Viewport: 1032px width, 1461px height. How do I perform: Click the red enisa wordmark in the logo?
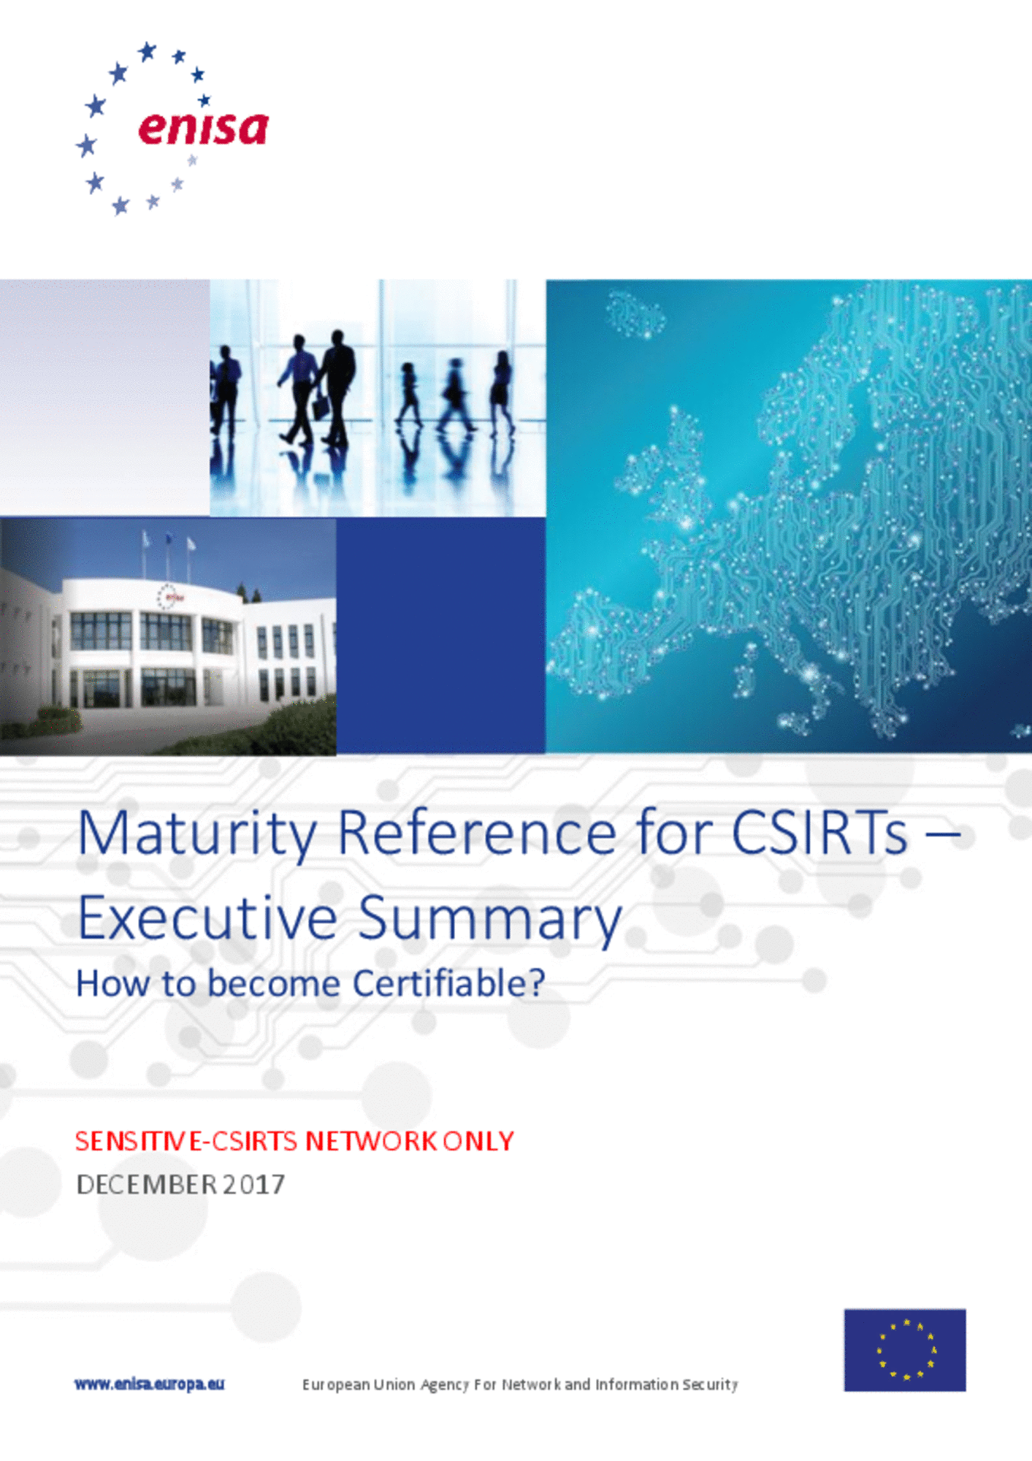point(203,129)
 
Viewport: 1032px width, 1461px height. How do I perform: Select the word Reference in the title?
point(477,833)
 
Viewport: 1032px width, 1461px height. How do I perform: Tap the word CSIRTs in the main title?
point(819,833)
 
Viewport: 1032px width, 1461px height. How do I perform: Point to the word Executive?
point(207,918)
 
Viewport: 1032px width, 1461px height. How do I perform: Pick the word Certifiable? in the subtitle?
point(448,983)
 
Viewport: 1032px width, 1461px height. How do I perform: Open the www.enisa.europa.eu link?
point(149,1384)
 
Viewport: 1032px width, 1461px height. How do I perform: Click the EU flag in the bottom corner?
point(905,1350)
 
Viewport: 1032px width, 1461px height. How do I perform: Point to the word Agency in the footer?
point(444,1385)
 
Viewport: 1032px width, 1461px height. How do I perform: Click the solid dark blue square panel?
point(440,636)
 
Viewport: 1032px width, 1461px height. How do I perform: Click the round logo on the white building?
point(167,597)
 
